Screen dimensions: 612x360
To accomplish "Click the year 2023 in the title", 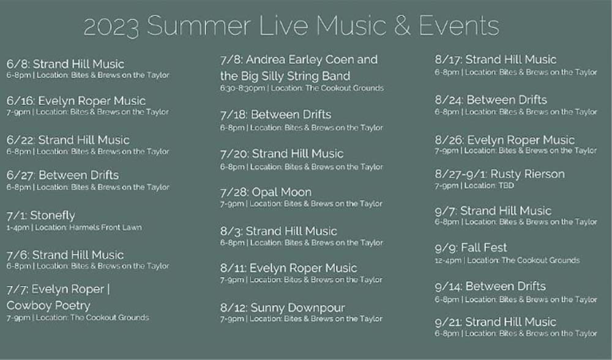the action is (x=111, y=26).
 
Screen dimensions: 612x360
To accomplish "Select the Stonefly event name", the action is (x=52, y=215).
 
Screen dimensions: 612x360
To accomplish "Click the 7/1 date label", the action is (x=17, y=216).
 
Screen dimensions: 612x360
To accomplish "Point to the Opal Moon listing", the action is (x=282, y=192).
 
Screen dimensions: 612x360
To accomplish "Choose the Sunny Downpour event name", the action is (x=298, y=308).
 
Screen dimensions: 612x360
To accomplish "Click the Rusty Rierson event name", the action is (x=528, y=174).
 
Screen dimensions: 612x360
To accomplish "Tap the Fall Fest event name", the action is (x=484, y=247).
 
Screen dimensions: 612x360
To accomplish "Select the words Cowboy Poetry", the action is (x=48, y=306).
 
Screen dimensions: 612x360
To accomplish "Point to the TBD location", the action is (x=506, y=186).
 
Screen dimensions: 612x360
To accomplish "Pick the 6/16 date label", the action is (x=21, y=101).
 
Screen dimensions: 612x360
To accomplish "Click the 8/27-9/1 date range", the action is (x=461, y=174).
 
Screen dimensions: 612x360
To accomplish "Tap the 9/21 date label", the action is (x=448, y=322).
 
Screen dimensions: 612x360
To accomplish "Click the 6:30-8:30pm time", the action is (x=242, y=88).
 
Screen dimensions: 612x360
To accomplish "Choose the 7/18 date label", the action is (x=233, y=114).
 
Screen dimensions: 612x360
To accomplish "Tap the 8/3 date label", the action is (x=231, y=231).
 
